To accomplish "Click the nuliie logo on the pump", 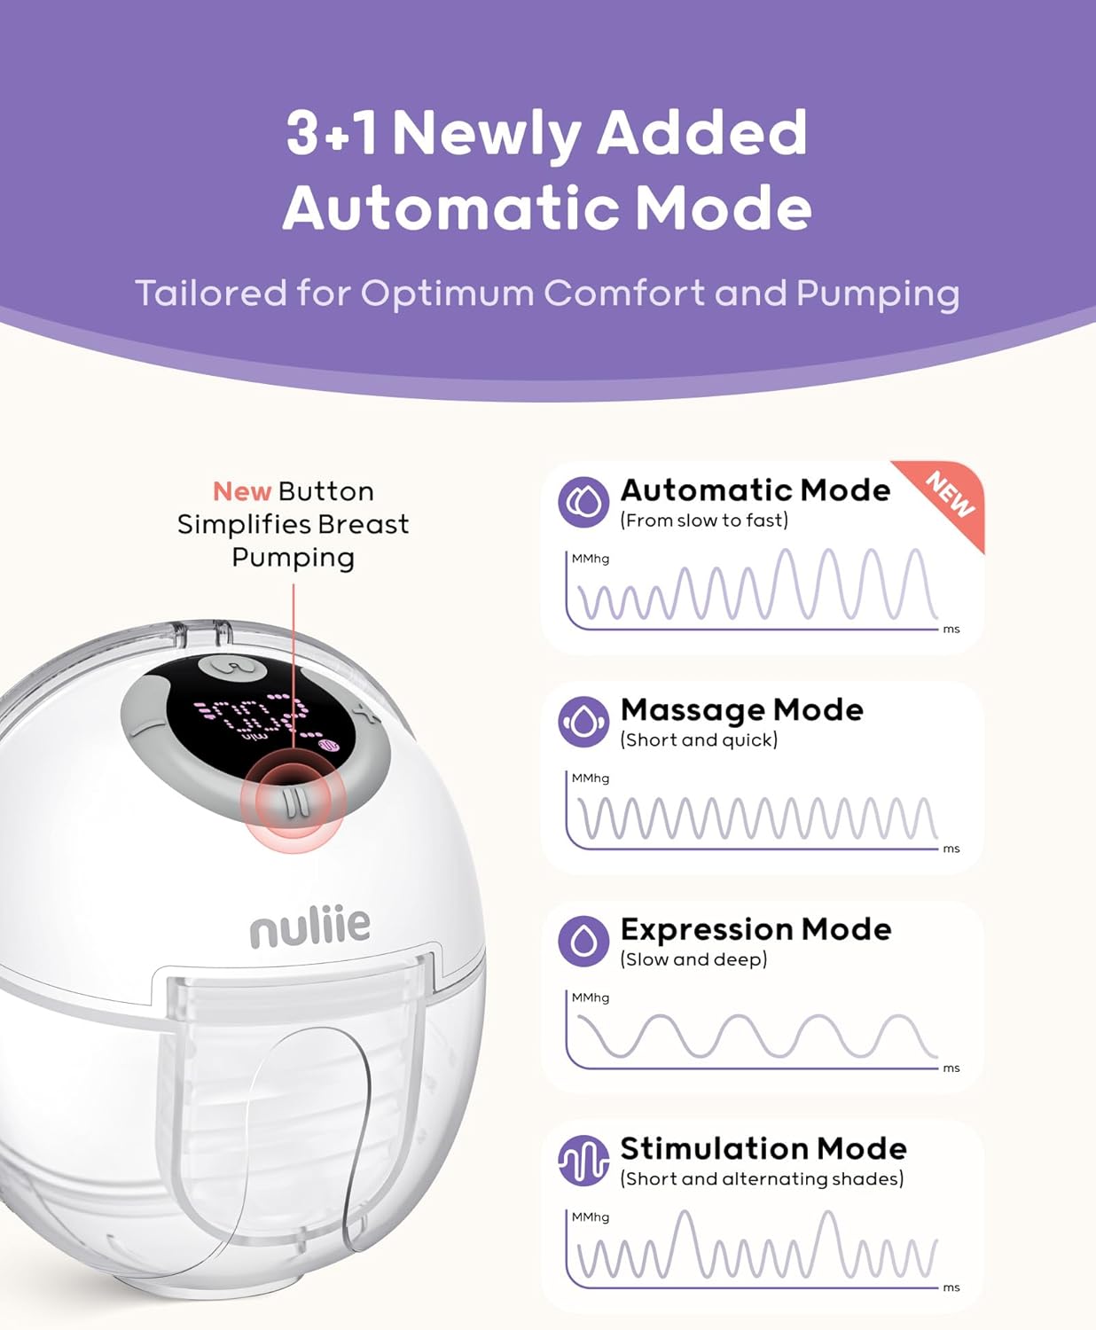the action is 309,926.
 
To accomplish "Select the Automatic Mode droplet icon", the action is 583,502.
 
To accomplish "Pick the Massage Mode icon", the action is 583,722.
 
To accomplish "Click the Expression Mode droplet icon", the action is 583,942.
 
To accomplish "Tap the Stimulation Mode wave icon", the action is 583,1161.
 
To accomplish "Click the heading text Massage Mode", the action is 741,709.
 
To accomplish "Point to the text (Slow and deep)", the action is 694,959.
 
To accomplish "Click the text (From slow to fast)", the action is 704,520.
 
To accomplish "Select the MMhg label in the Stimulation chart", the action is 590,1217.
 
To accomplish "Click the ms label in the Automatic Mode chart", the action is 951,630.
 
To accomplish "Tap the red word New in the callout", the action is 242,491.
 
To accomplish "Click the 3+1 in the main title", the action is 332,132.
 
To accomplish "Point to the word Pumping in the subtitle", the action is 878,294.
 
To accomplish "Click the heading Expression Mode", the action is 755,930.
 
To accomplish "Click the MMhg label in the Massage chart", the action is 590,778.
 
